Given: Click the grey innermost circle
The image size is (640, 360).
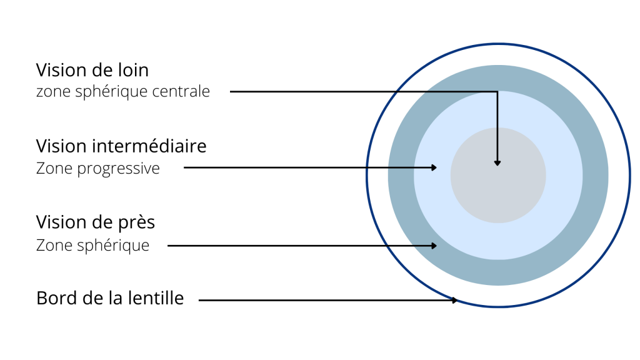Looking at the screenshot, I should coord(498,187).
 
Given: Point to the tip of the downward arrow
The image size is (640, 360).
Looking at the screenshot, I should coord(497,165).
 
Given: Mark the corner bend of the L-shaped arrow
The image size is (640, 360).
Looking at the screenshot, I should coord(497,92).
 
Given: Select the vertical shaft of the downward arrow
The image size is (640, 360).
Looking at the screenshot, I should coord(497,125).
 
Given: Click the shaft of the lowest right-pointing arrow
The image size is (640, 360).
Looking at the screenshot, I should coord(421,246).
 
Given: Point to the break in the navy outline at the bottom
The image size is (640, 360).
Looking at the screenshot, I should coord(454,299).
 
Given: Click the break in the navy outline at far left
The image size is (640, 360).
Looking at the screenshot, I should coord(366,167).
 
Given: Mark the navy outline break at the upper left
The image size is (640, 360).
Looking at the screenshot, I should coord(396,92).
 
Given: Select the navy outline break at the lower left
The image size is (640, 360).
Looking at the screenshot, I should coord(386,245).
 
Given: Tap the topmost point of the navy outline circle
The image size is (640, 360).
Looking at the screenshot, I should coord(498,44).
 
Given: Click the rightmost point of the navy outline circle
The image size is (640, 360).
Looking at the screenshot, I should coord(630,176).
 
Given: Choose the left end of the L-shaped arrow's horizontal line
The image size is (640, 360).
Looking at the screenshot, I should coord(425,92).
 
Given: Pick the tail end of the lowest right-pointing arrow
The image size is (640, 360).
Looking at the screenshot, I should coord(412,246).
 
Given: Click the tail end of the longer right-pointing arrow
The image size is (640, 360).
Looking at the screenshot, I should coord(387,167).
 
